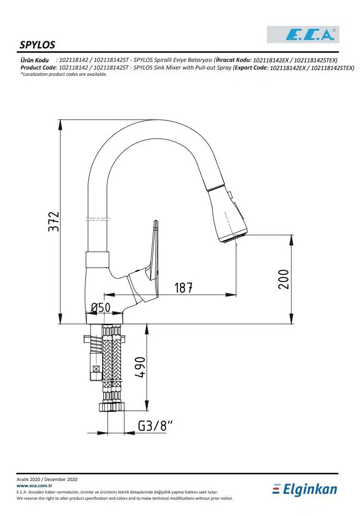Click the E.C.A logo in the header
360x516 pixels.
tap(303, 35)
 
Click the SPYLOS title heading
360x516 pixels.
tap(37, 45)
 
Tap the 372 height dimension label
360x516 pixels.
tap(54, 222)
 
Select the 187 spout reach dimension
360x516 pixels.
tap(183, 288)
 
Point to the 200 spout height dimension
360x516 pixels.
tap(284, 279)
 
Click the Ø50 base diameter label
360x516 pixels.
tap(100, 307)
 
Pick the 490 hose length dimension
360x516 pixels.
tap(140, 367)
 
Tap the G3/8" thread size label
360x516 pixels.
tap(155, 426)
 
